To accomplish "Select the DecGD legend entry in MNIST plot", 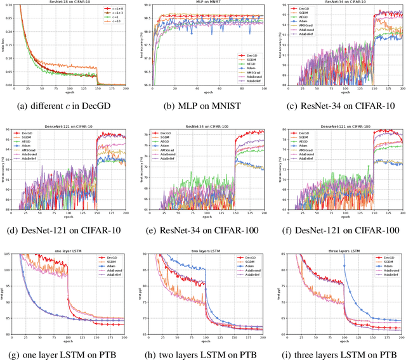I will click(249, 56).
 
